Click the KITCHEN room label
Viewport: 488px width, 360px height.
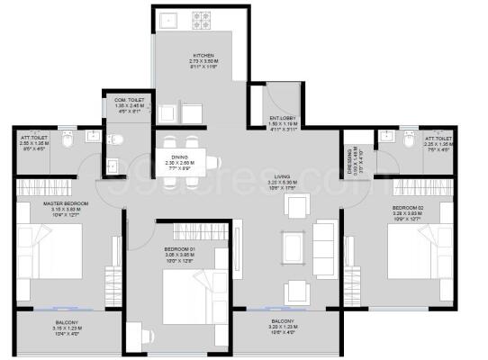[202, 54]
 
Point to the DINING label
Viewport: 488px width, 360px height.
[180, 157]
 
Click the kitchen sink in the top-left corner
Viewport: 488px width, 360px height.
[167, 19]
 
